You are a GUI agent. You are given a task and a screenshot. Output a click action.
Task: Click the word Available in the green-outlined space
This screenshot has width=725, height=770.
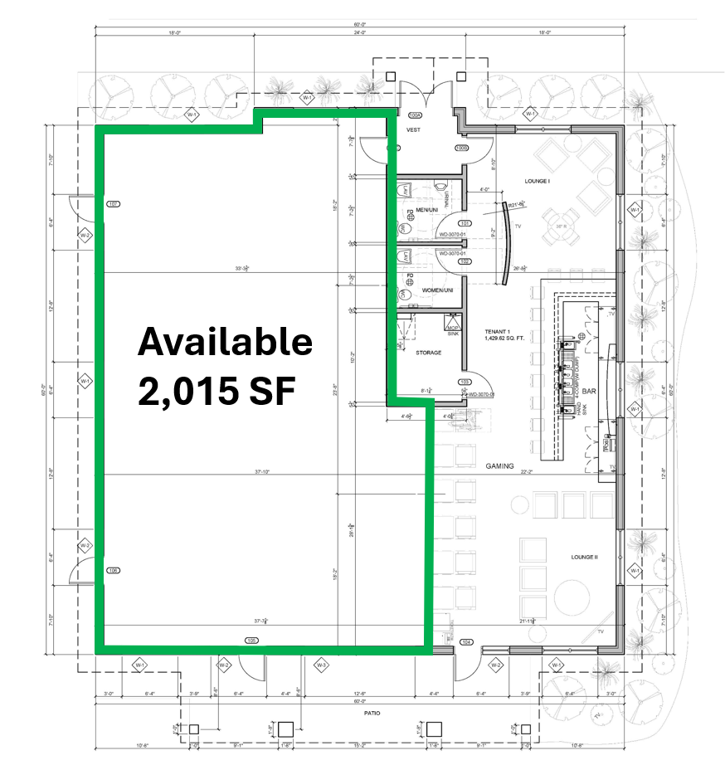pyautogui.click(x=225, y=342)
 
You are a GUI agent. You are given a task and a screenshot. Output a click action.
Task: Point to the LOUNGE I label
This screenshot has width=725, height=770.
pyautogui.click(x=538, y=181)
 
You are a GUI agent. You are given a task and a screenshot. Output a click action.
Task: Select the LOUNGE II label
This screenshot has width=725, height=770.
pyautogui.click(x=583, y=557)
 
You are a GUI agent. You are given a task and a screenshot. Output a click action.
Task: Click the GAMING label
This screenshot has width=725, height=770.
pyautogui.click(x=500, y=466)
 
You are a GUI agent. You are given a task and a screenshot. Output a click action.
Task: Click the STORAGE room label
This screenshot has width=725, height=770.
pyautogui.click(x=428, y=353)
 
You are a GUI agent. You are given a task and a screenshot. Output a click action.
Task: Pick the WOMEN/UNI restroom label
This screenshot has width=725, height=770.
pyautogui.click(x=437, y=290)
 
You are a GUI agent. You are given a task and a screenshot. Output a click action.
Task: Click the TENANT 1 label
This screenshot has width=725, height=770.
pyautogui.click(x=499, y=331)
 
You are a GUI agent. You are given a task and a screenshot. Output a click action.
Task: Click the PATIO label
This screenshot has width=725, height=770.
pyautogui.click(x=360, y=713)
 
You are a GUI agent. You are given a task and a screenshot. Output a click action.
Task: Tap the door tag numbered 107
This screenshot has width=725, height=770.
pyautogui.click(x=114, y=203)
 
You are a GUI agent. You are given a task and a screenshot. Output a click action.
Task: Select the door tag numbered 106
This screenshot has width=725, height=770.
pyautogui.click(x=114, y=571)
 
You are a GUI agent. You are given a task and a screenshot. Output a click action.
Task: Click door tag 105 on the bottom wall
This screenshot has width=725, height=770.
pyautogui.click(x=252, y=641)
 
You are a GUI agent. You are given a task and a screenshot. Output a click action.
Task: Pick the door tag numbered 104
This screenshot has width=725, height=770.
pyautogui.click(x=466, y=641)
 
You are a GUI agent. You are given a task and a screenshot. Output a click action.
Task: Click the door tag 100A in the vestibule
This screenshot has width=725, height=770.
pyautogui.click(x=415, y=115)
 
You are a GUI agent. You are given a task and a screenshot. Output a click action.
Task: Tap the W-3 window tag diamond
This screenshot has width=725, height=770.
pyautogui.click(x=321, y=665)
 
